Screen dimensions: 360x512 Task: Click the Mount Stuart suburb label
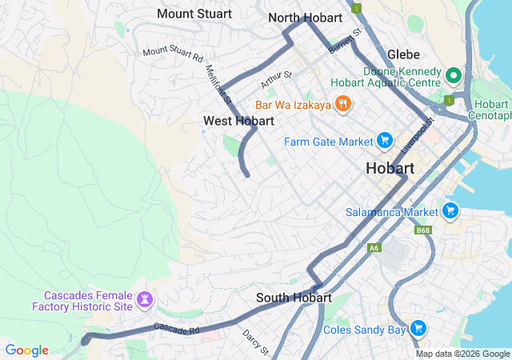(194, 14)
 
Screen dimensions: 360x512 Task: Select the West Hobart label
(238, 121)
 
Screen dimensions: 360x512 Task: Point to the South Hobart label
(294, 298)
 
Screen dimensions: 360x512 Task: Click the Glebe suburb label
(403, 54)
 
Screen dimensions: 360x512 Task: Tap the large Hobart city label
(390, 169)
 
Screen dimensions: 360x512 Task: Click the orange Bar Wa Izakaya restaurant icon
(343, 103)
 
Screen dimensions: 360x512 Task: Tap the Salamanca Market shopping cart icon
(450, 211)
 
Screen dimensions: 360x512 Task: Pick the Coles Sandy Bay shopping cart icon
(418, 329)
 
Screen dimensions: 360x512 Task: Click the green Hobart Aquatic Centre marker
(453, 76)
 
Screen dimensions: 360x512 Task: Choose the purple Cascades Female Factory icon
(145, 300)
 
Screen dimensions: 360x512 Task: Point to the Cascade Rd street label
(175, 328)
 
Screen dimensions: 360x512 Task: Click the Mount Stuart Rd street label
(173, 54)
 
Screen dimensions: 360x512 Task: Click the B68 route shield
(423, 230)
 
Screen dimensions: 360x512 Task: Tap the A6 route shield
(374, 248)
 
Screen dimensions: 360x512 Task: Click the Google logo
(27, 350)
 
